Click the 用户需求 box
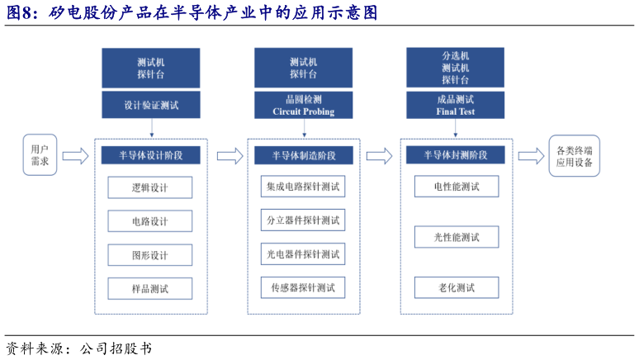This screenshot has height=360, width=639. pos(40,155)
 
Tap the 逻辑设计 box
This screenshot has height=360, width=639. pos(149,187)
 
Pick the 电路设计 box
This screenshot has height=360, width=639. pos(149,221)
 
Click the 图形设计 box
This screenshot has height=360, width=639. pos(149,255)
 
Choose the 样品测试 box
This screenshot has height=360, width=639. pos(149,288)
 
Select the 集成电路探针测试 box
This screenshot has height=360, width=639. pos(303,187)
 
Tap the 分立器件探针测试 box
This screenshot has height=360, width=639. pos(303,220)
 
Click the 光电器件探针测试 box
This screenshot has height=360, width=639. pos(303,253)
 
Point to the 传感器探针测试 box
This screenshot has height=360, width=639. pos(303,287)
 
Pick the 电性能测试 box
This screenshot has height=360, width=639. pos(457,187)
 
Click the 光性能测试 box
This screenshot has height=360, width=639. pos(457,237)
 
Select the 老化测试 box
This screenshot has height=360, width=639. pos(457,287)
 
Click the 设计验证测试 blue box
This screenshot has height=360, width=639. pos(151,106)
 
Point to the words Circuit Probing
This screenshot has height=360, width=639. pos(303,111)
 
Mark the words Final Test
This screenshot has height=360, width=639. pos(456,111)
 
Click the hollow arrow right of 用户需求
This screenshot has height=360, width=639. pos(75,155)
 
